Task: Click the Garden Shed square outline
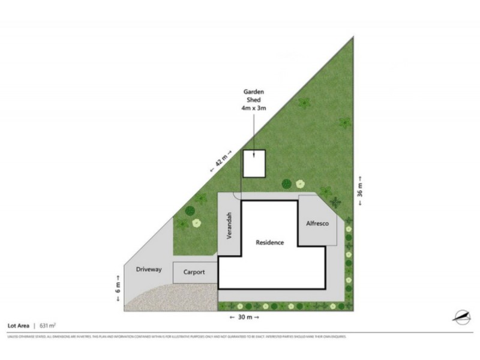click(x=254, y=164)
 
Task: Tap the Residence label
click(x=269, y=242)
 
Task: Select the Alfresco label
click(x=317, y=223)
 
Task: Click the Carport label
click(x=194, y=272)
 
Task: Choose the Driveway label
click(x=149, y=269)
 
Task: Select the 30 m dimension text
click(x=245, y=316)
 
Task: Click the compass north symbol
click(x=461, y=316)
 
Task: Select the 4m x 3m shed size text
click(x=254, y=109)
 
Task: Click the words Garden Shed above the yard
click(x=254, y=96)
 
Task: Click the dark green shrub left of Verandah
click(x=190, y=211)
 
